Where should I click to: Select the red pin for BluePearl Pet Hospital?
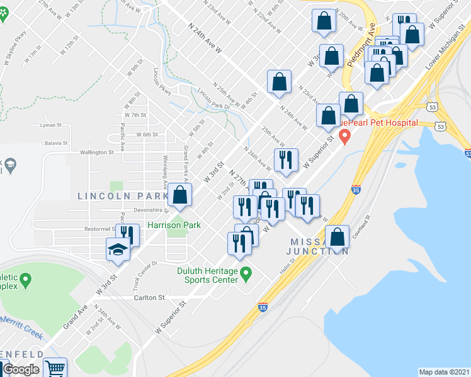pos(344,136)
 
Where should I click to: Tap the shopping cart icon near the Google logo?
pos(55,368)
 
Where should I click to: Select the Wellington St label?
pos(97,152)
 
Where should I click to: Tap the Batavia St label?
pos(56,144)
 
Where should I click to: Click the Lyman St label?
pos(48,125)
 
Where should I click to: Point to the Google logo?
pos(21,370)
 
